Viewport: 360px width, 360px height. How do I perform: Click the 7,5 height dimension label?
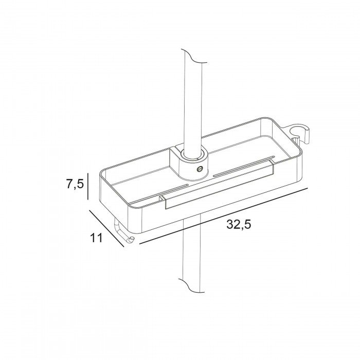pos(75,184)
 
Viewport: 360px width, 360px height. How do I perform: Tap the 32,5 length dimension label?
pos(239,224)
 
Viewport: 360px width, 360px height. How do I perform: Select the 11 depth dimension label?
pos(97,238)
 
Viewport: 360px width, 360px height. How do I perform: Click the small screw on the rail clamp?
pos(199,169)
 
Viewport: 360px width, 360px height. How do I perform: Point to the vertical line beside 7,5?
pos(88,186)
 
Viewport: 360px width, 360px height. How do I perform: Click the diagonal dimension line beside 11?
pos(106,228)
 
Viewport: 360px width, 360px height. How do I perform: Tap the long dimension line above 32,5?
pos(223,216)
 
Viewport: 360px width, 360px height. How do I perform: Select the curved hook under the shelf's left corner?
pos(123,233)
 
